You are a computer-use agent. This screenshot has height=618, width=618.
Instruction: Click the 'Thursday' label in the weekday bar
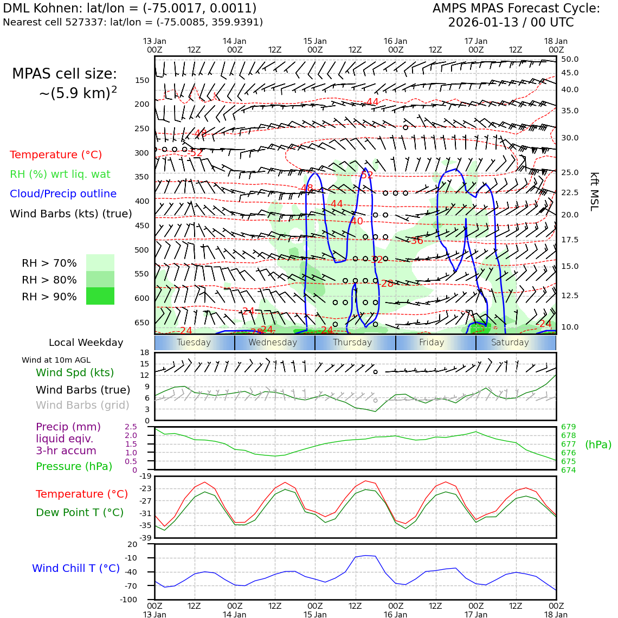(x=352, y=343)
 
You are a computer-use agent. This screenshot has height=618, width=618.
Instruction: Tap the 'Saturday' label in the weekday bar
(x=510, y=343)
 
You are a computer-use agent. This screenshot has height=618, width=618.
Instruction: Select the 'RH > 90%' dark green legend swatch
(x=100, y=297)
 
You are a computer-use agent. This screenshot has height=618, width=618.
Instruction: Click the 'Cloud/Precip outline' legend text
(x=63, y=194)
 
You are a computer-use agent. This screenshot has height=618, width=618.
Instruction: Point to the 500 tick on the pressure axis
(x=141, y=250)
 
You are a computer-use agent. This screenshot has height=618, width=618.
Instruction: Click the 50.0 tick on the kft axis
(x=570, y=59)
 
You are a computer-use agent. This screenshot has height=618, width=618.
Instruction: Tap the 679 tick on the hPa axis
(x=568, y=427)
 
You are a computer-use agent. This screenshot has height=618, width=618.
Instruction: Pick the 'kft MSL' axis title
(x=594, y=191)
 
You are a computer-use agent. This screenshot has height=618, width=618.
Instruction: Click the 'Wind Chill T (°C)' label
(x=76, y=568)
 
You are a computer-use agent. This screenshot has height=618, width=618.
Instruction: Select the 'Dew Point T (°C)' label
(x=80, y=512)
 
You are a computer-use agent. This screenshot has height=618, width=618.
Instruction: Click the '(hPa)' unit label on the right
(x=598, y=445)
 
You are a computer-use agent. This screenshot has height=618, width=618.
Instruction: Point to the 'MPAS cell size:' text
(x=65, y=74)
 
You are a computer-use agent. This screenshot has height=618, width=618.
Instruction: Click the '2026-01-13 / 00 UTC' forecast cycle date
(x=511, y=23)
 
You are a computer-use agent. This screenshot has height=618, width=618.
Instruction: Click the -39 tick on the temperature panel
(x=145, y=538)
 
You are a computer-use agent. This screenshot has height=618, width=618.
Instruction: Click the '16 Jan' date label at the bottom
(x=395, y=615)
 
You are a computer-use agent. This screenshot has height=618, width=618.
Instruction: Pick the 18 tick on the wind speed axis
(x=144, y=352)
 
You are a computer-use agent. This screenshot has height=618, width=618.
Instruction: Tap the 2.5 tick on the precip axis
(x=131, y=427)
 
